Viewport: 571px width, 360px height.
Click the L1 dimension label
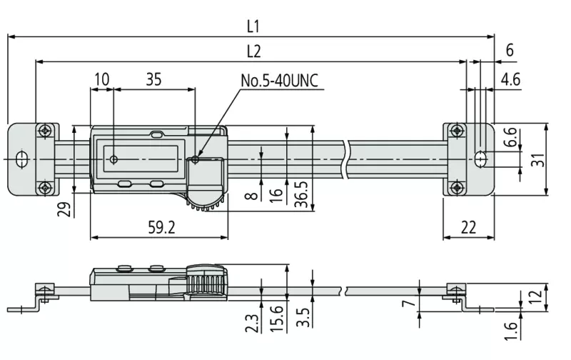click(x=253, y=26)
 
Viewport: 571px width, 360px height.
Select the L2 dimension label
click(x=254, y=51)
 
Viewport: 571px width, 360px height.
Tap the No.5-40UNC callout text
click(x=279, y=81)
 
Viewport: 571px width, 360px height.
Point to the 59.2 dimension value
click(x=161, y=227)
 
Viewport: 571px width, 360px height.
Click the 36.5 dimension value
click(x=301, y=194)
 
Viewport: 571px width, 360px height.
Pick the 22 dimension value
click(x=468, y=227)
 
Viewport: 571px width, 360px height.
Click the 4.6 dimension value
click(x=510, y=79)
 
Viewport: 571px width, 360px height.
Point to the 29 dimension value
click(x=64, y=209)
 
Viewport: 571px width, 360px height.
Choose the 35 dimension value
click(x=153, y=79)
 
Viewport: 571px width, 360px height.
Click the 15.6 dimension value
click(x=276, y=319)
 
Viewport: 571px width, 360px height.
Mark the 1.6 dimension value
click(x=511, y=331)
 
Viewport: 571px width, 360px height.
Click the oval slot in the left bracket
click(x=22, y=159)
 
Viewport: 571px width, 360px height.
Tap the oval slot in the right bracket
click(x=481, y=159)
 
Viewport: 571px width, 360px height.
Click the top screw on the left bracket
click(x=45, y=130)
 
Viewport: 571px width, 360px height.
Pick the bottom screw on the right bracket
click(x=457, y=188)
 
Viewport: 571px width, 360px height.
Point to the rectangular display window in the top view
click(x=141, y=159)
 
